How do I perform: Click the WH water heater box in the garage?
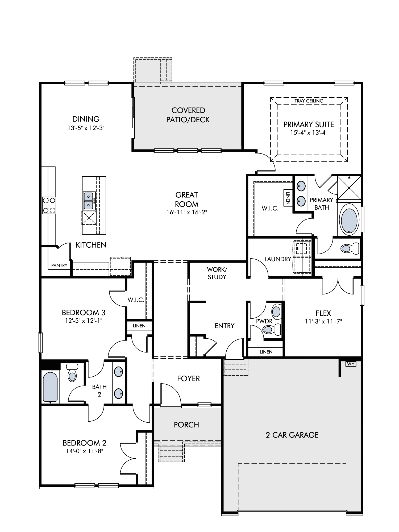click(351, 364)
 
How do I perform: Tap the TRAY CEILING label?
click(309, 101)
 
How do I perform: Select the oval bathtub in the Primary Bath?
click(349, 219)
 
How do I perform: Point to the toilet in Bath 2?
click(72, 373)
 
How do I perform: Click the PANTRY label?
click(59, 265)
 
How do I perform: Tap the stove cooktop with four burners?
click(49, 205)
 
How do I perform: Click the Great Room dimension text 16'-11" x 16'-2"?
click(187, 212)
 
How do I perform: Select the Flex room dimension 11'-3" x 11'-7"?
click(323, 321)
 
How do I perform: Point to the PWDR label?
click(264, 321)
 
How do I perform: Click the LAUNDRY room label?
click(278, 259)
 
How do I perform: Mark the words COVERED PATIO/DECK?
click(188, 115)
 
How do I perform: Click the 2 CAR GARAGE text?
click(292, 435)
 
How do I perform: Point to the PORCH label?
click(186, 425)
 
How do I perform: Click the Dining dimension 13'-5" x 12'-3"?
click(86, 128)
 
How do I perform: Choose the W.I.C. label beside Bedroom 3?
click(136, 300)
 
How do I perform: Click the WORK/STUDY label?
click(217, 273)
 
